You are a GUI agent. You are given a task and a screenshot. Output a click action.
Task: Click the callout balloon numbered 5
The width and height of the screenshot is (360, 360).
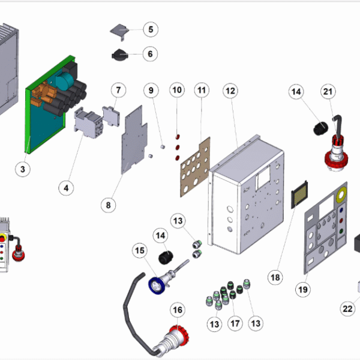pos(150,29)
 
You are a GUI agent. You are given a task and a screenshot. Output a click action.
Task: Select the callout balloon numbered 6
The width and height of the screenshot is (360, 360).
pos(150,54)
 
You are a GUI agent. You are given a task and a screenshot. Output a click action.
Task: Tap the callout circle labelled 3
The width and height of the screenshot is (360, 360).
pos(22,169)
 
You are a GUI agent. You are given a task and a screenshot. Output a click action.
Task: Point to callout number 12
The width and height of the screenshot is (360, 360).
pos(230,91)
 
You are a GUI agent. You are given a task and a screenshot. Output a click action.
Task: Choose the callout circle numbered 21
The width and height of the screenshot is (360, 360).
pos(328,91)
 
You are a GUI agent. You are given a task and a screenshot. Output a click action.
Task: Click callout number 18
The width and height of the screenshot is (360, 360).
pos(275,278)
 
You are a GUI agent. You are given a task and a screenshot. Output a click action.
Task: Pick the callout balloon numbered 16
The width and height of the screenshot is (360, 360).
pos(178,310)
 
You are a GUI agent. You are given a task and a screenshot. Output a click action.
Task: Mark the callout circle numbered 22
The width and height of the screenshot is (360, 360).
pos(347,309)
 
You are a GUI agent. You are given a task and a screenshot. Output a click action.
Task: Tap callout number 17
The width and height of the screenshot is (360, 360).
pos(235,323)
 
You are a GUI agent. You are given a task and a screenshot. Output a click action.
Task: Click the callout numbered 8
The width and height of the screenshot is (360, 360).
pos(109,205)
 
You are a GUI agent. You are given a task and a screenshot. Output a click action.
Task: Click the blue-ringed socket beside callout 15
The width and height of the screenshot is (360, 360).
pos(157,284)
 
